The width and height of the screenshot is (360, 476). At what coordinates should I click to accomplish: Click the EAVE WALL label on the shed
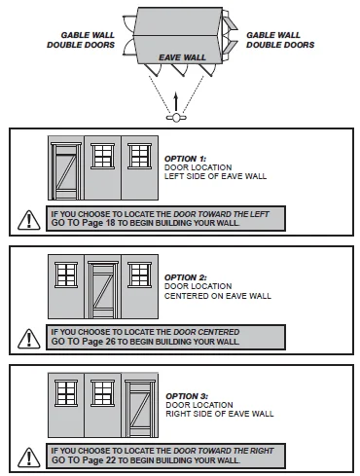point(182,57)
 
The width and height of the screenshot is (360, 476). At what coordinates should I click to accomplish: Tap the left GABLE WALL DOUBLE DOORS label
point(81,40)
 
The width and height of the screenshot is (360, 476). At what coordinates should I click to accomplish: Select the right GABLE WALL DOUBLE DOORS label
point(280,40)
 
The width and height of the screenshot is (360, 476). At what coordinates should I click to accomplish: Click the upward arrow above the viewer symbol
point(176,102)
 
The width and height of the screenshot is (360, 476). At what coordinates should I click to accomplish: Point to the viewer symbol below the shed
point(176,118)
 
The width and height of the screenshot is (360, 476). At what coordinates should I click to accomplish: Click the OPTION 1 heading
point(185,159)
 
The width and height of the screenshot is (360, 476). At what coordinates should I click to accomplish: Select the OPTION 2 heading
point(186,277)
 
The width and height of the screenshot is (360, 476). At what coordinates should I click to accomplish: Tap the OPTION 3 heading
point(187,396)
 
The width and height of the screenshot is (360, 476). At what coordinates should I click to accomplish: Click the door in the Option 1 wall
point(66,171)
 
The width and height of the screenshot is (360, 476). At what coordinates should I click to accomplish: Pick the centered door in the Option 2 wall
point(103,290)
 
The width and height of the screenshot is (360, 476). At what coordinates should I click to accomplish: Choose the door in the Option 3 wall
point(140,409)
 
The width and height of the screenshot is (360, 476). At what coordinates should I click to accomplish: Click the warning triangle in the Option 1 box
point(29,220)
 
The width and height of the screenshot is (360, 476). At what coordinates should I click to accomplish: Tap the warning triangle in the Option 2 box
point(29,339)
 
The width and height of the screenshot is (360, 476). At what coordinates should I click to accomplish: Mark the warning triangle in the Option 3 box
point(29,458)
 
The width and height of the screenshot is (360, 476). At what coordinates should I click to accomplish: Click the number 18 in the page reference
point(111,223)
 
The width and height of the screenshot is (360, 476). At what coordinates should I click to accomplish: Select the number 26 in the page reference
point(111,342)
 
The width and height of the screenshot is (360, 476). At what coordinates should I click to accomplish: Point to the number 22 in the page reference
point(111,460)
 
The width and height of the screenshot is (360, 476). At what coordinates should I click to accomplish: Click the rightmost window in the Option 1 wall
point(140,156)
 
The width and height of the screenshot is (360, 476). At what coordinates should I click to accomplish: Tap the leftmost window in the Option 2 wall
point(66,275)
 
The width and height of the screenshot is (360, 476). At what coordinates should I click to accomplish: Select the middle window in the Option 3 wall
point(102,393)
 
